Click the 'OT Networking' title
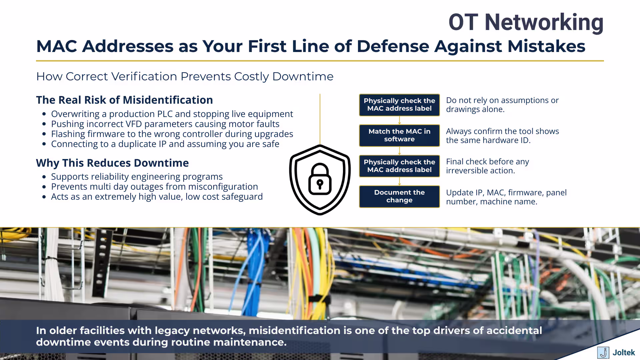(526, 22)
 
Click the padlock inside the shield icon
(320, 180)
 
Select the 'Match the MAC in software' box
(399, 135)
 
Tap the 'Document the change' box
(399, 196)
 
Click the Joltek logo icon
(603, 352)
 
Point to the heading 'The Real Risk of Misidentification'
(124, 100)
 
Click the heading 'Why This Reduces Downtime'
(112, 163)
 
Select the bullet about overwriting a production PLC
(172, 114)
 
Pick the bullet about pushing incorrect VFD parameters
(165, 124)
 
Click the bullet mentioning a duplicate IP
(165, 144)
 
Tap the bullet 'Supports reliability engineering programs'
(137, 177)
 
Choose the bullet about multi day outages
(154, 187)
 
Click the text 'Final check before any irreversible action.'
(487, 166)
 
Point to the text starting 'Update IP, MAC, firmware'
(506, 197)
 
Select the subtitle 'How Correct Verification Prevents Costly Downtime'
(185, 76)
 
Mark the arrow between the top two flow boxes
(399, 120)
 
